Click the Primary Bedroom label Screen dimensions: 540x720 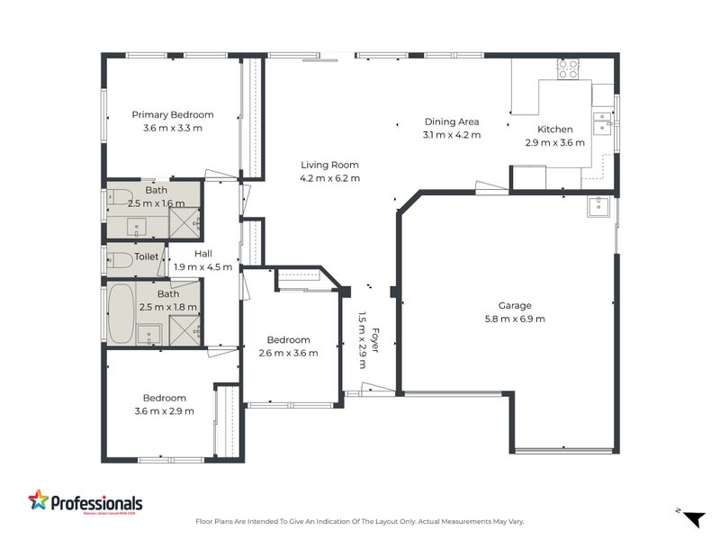point(173,114)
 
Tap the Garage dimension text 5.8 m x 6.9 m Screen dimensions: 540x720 point(516,319)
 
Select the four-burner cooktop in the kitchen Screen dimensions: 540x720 point(568,69)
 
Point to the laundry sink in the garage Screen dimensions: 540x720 point(598,208)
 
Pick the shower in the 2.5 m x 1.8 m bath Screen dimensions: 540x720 point(184,330)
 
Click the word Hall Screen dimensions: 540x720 point(203,254)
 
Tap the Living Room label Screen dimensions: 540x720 point(329,165)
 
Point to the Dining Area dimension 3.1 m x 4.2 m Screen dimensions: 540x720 point(452,135)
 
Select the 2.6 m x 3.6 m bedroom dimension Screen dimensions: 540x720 point(288,353)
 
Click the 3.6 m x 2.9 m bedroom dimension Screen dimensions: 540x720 point(164,411)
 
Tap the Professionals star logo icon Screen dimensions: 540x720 point(39,500)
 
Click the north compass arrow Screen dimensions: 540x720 point(693,518)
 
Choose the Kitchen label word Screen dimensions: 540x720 point(554,129)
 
